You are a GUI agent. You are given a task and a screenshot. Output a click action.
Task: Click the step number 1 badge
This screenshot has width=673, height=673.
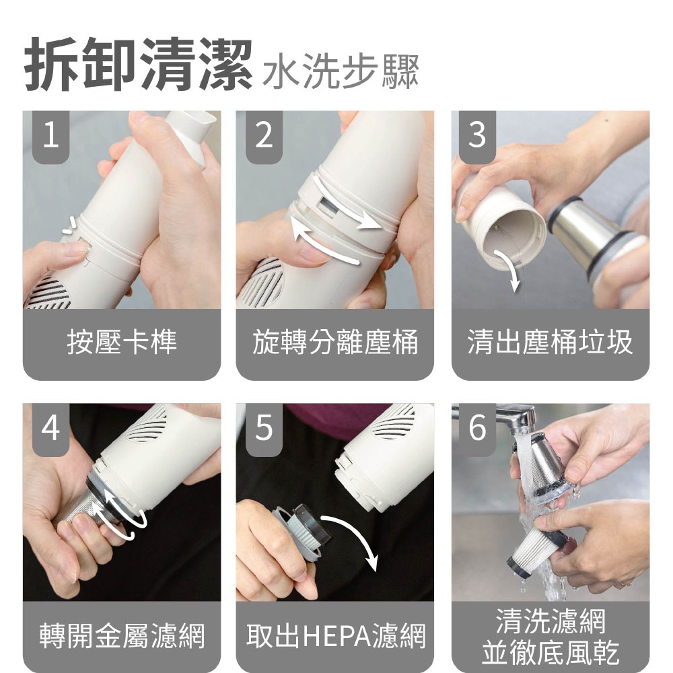[50, 137]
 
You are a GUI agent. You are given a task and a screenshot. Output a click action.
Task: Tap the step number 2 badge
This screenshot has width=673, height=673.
[264, 137]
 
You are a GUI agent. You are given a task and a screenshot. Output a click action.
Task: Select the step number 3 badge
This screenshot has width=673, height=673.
[477, 137]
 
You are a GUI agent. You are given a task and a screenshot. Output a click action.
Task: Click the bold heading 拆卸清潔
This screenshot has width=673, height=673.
[138, 65]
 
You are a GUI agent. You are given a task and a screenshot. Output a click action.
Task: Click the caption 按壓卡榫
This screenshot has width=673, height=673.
[122, 342]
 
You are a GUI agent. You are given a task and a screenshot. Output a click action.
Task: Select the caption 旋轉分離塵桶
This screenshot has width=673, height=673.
[335, 342]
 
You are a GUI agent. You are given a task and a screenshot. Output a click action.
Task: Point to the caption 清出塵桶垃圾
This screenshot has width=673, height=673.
[551, 342]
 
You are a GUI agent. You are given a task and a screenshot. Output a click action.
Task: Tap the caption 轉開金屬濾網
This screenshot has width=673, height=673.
[122, 635]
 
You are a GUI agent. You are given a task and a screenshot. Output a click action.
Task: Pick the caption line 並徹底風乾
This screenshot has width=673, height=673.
[551, 652]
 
